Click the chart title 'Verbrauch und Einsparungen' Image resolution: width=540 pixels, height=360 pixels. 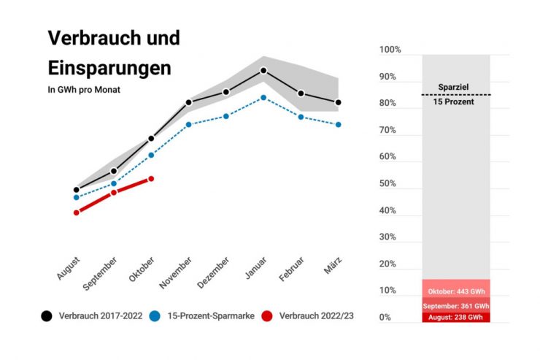click(x=113, y=53)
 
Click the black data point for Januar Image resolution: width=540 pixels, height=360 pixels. click(x=263, y=71)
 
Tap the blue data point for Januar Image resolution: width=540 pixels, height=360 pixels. click(x=263, y=97)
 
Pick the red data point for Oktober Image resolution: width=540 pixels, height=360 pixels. click(x=151, y=178)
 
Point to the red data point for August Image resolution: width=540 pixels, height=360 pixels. click(x=76, y=212)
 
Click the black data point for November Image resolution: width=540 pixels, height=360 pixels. click(x=188, y=102)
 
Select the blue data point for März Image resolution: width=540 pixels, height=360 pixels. click(x=338, y=125)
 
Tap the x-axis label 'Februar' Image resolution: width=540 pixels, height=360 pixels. click(x=290, y=269)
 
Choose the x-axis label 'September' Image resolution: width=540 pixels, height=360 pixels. click(x=101, y=273)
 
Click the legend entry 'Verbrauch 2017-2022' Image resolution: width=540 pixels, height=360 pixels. click(x=93, y=315)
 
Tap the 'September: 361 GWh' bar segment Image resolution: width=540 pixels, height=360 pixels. click(x=456, y=306)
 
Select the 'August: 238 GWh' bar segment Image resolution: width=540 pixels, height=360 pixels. click(x=456, y=318)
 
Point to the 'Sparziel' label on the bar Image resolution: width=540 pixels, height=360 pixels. click(x=453, y=87)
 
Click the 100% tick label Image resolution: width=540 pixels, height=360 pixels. click(x=390, y=50)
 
